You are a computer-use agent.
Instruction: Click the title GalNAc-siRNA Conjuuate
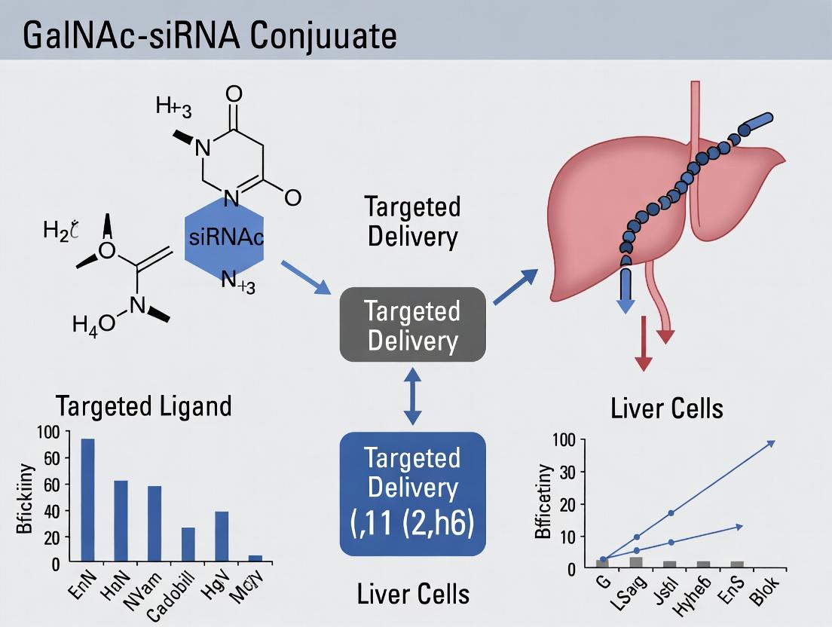click(210, 36)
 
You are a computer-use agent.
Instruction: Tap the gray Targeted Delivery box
click(412, 325)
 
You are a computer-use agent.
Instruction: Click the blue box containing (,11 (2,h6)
click(412, 493)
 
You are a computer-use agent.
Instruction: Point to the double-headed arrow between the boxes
click(412, 396)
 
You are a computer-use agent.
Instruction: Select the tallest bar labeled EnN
click(88, 500)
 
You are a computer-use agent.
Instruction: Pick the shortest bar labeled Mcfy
click(255, 558)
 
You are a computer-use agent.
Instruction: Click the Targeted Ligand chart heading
click(143, 406)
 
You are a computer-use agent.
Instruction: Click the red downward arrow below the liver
click(642, 347)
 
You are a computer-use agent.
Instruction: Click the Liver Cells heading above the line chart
click(666, 408)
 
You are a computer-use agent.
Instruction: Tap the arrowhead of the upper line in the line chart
click(769, 443)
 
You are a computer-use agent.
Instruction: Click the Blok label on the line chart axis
click(765, 589)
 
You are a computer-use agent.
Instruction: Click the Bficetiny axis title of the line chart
click(543, 502)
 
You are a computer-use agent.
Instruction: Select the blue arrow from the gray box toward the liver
click(516, 287)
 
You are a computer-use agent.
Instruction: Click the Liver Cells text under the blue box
click(414, 594)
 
